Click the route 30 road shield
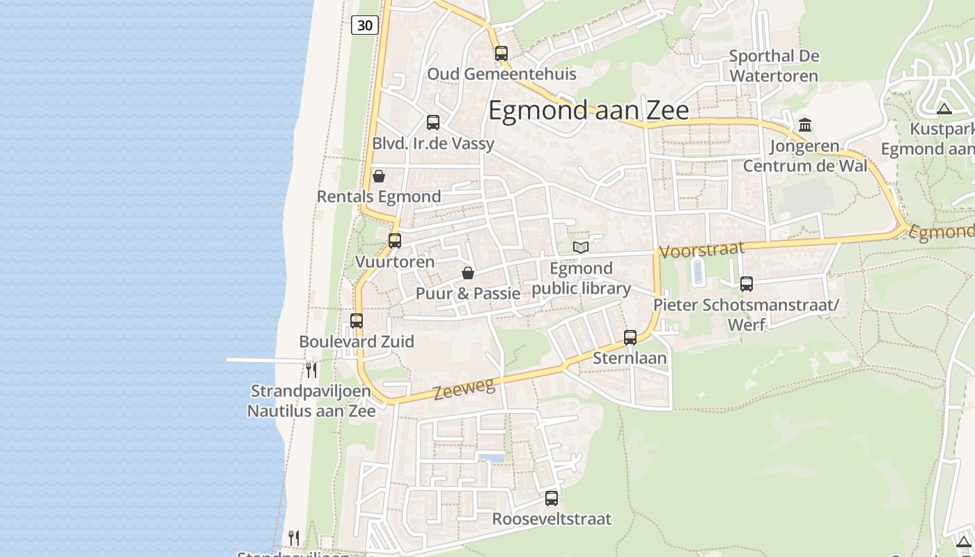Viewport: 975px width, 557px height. point(365,26)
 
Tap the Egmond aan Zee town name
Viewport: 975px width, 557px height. point(588,111)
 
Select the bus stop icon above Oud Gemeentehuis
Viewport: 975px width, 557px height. point(501,53)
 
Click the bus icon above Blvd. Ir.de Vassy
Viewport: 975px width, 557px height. point(432,123)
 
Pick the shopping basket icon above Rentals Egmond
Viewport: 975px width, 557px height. point(379,176)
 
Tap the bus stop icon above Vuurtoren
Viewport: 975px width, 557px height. point(395,241)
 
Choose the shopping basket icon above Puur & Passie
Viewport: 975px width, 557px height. point(467,273)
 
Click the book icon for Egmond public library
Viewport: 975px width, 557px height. point(581,247)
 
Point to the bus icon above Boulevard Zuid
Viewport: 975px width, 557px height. point(357,321)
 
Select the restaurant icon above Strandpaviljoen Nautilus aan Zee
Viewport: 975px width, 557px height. point(311,369)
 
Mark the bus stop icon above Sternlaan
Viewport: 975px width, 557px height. point(630,338)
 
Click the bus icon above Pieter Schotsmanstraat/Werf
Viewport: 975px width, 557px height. point(747,284)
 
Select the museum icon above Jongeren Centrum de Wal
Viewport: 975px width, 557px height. point(805,125)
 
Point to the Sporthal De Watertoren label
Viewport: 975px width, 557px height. point(774,65)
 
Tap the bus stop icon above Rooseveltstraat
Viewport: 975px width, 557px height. point(552,499)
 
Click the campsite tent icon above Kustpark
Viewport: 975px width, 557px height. point(944,109)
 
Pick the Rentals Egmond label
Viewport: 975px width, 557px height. point(379,196)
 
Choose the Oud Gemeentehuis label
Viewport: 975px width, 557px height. point(501,74)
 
